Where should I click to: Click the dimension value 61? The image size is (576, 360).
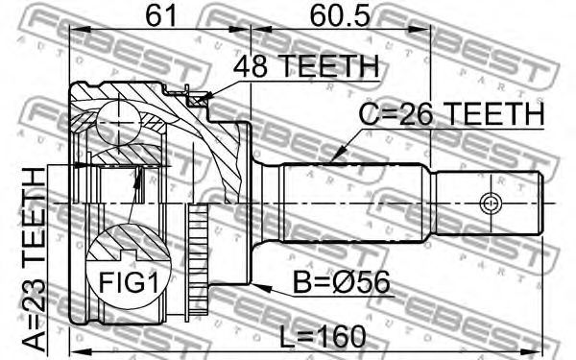pos(161,15)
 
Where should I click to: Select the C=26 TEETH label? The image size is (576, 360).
pos(451,113)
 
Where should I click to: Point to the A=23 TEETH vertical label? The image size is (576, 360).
pos(34,259)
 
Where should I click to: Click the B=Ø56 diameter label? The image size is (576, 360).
pos(341,282)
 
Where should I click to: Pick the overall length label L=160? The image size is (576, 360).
pos(323,337)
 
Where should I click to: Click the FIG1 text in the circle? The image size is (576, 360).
pos(129,283)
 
